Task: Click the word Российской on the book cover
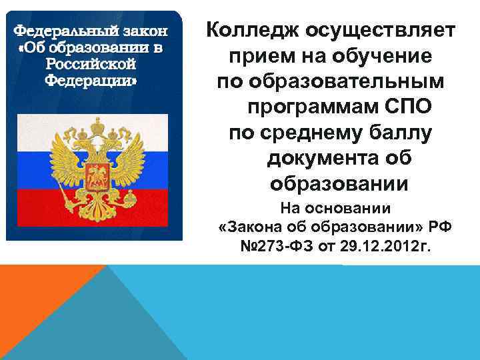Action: [91, 65]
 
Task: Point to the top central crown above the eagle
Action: [97, 124]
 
